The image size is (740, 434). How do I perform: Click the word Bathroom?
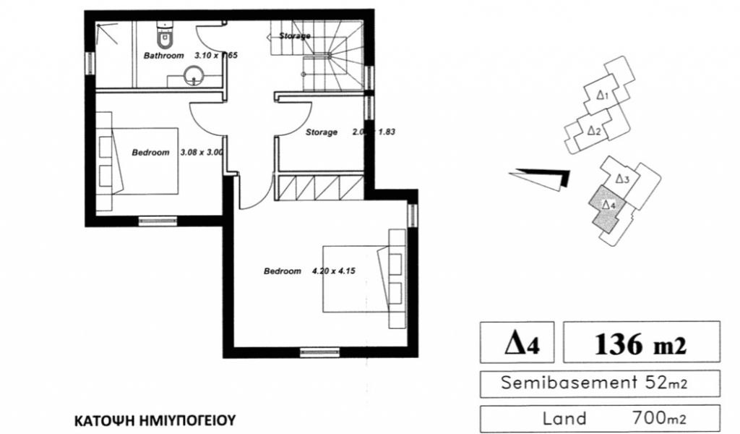point(163,55)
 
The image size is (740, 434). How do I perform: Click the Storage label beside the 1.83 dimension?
point(321,132)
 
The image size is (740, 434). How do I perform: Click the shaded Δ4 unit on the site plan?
point(606,208)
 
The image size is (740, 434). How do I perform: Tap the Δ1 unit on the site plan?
point(604,95)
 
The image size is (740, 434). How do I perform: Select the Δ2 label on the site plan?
point(593,131)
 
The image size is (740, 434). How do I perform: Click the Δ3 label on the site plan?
point(623,178)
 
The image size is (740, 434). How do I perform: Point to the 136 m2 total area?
point(641,344)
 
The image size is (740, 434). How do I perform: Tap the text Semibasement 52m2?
point(590,383)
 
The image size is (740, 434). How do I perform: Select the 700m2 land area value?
point(657,419)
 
